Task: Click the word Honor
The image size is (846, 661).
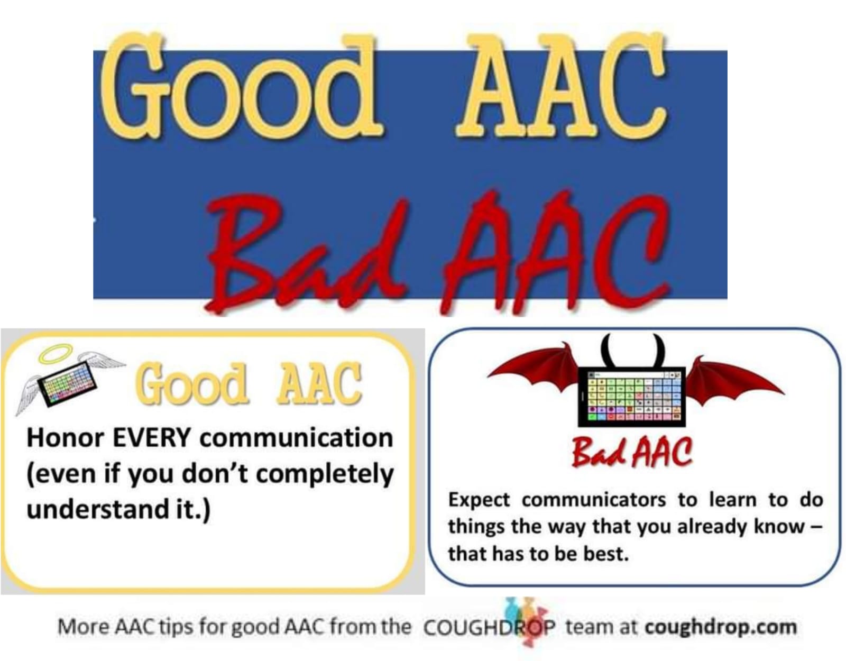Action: click(x=66, y=438)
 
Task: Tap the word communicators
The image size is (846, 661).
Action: click(x=593, y=501)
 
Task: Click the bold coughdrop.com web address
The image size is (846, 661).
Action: click(x=721, y=627)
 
